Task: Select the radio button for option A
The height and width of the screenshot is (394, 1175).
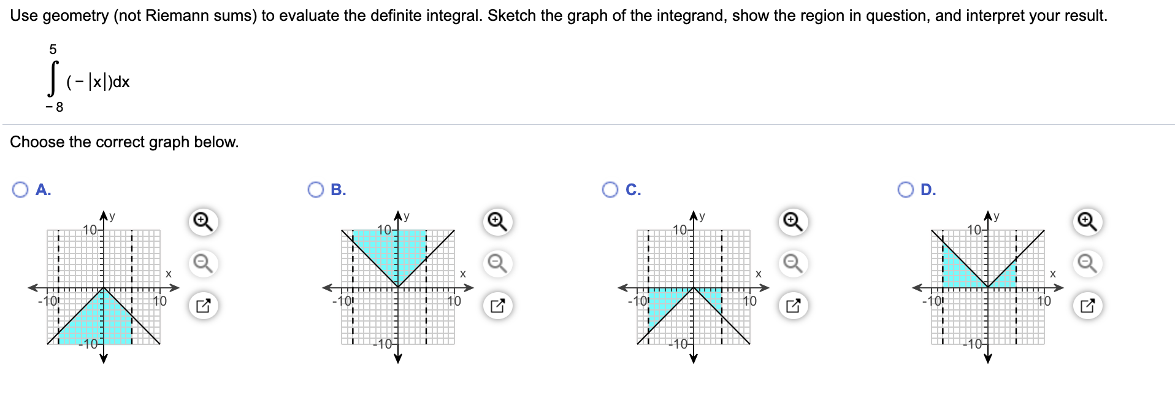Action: tap(20, 190)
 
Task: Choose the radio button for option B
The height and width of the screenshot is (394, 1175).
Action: tap(316, 190)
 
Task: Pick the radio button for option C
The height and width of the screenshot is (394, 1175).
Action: tap(610, 190)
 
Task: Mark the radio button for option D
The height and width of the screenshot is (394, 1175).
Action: tap(905, 190)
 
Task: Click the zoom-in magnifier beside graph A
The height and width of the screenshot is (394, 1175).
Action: tap(203, 221)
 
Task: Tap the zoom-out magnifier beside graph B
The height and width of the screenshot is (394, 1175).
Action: tap(497, 263)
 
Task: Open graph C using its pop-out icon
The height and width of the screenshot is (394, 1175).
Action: tap(792, 305)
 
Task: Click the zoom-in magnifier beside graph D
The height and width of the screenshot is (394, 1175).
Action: tap(1087, 221)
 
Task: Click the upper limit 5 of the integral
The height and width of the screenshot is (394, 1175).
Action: tap(53, 49)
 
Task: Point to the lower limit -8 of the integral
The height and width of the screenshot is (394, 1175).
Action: tap(55, 107)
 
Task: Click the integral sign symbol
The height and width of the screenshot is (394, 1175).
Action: tap(53, 79)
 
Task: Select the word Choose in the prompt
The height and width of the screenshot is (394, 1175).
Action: tap(37, 142)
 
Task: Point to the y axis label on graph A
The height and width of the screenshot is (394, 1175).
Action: tap(112, 216)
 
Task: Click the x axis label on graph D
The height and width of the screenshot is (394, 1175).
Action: tap(1053, 274)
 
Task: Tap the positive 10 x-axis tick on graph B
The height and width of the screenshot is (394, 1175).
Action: tap(454, 301)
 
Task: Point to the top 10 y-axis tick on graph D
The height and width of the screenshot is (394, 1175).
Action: tap(974, 230)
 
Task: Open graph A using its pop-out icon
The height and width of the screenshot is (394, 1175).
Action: tap(203, 305)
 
